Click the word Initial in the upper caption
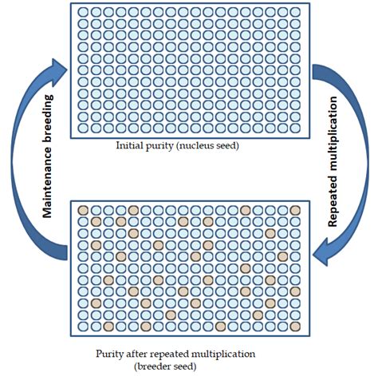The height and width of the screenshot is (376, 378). pyautogui.click(x=129, y=146)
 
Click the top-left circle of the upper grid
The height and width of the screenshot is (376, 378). pyautogui.click(x=83, y=12)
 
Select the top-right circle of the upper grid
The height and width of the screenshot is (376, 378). pyautogui.click(x=295, y=12)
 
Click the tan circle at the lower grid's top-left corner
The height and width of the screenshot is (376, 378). pyautogui.click(x=83, y=210)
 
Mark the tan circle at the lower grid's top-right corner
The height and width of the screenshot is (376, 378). pyautogui.click(x=295, y=210)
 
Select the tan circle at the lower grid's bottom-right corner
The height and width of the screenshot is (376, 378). pyautogui.click(x=295, y=327)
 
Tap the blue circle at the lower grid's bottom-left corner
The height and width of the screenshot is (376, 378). pyautogui.click(x=83, y=327)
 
